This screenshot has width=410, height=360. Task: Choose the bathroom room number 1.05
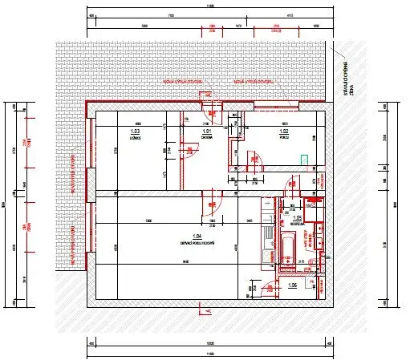[297, 217]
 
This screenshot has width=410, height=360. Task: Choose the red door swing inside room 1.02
[261, 160]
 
